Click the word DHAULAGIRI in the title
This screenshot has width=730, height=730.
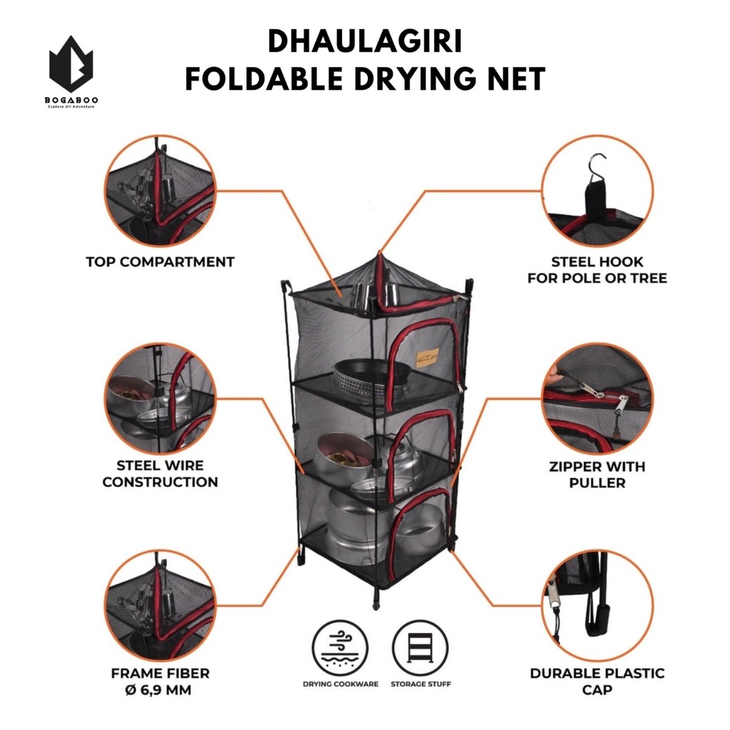pyautogui.click(x=364, y=43)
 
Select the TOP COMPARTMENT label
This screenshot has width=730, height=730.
pyautogui.click(x=160, y=262)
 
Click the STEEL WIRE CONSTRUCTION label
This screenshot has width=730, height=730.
pyautogui.click(x=160, y=473)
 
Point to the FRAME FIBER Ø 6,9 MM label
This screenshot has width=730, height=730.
pyautogui.click(x=160, y=681)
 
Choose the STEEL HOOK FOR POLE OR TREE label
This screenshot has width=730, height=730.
pyautogui.click(x=597, y=269)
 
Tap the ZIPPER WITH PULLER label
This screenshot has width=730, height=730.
pyautogui.click(x=597, y=475)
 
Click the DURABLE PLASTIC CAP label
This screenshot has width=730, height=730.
pyautogui.click(x=597, y=681)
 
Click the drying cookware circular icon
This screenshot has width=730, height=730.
pyautogui.click(x=339, y=647)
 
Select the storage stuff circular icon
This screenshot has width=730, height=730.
pyautogui.click(x=420, y=647)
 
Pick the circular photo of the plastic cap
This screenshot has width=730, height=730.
pyautogui.click(x=597, y=605)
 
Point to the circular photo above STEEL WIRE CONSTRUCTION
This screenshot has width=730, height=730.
pyautogui.click(x=160, y=398)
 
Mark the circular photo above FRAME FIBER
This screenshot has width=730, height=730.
pyautogui.click(x=160, y=605)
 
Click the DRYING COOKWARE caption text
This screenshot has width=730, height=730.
pyautogui.click(x=339, y=684)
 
